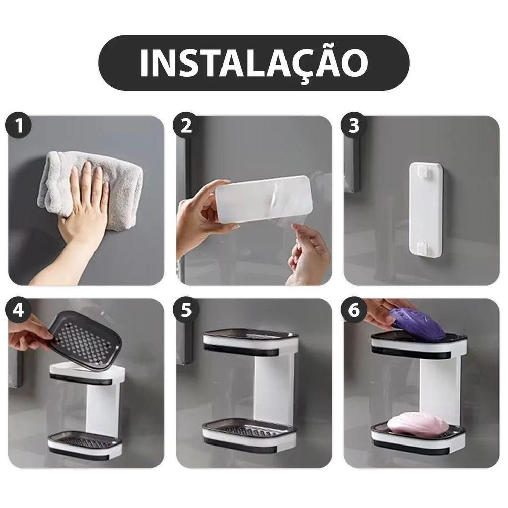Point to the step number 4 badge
(19, 310)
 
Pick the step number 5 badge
(186, 310)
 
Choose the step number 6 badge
(354, 310)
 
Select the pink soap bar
(418, 425)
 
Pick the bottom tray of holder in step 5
(250, 433)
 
